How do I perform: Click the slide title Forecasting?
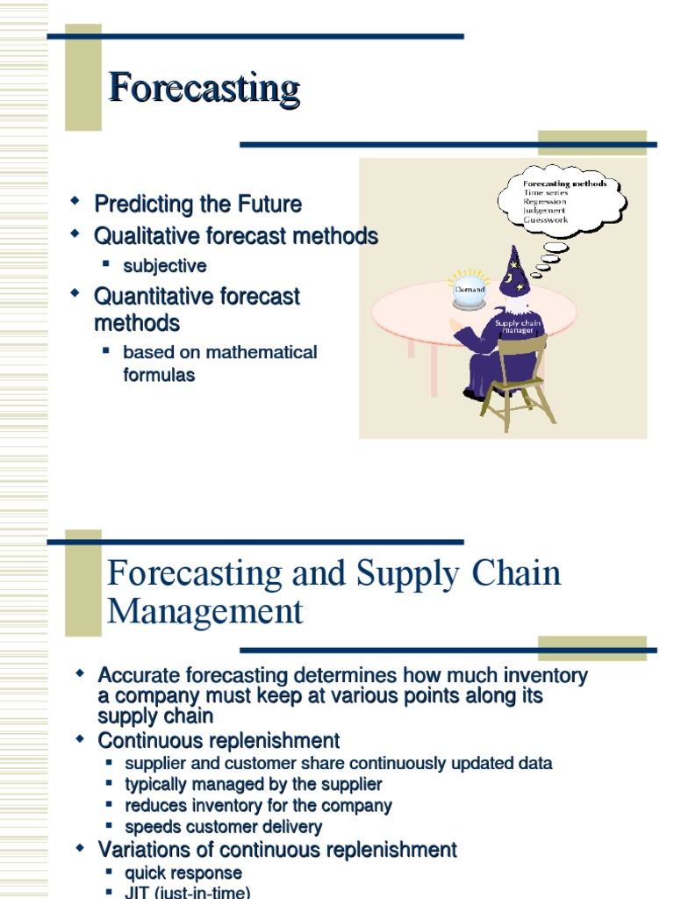coord(204,89)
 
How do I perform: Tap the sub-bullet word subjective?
coord(165,266)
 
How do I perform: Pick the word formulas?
coord(159,375)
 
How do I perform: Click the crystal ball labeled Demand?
coord(470,291)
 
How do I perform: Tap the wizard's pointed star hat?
coord(514,271)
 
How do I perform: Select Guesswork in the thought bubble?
coord(545,220)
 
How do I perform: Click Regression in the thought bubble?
coord(545,202)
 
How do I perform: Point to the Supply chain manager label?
coord(518,327)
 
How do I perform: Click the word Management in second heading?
coord(205,611)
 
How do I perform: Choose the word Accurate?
coord(140,676)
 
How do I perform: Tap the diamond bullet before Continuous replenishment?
coord(81,740)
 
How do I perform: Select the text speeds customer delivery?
coord(223,827)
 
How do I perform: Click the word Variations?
coord(145,850)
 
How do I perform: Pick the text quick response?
coord(183,873)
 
